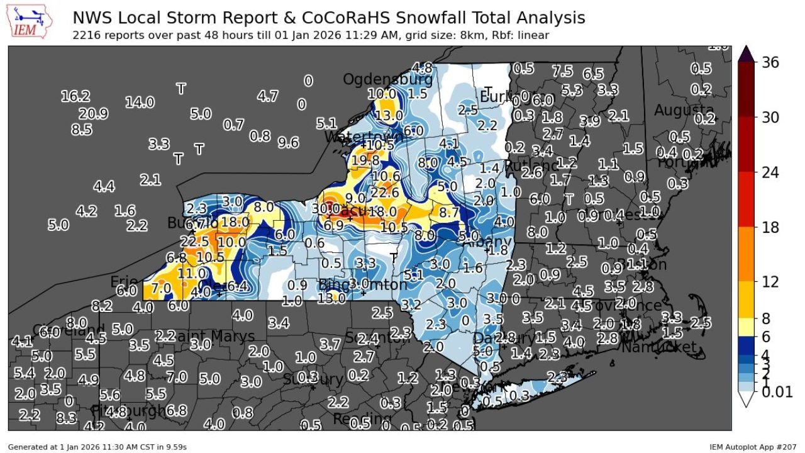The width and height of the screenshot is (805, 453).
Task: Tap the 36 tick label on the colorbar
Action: [770, 62]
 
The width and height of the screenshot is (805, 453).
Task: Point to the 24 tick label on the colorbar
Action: [770, 172]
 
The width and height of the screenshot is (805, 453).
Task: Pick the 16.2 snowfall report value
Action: [75, 96]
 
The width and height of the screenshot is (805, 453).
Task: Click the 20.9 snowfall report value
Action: [93, 114]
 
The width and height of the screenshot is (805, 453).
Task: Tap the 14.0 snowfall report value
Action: [140, 102]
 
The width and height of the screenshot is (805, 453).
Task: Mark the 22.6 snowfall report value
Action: [384, 193]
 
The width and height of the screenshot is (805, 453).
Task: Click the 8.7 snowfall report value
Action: [449, 213]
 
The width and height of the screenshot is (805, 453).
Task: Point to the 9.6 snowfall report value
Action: [288, 143]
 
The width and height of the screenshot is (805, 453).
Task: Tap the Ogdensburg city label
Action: [387, 80]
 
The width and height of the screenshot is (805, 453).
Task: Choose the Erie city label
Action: [124, 281]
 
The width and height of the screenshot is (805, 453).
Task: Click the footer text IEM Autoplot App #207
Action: [753, 447]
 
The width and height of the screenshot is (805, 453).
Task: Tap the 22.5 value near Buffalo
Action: [194, 242]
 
